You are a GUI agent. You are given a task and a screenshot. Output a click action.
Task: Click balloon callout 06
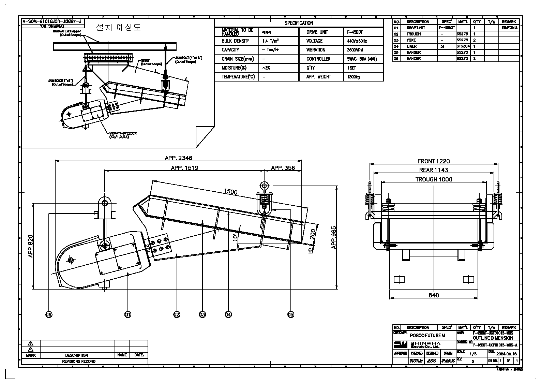point(49,314)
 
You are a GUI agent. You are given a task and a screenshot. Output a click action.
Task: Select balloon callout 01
point(127,314)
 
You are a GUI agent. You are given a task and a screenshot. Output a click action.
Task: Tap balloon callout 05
point(291,314)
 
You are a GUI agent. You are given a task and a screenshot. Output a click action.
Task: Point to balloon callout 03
point(202,314)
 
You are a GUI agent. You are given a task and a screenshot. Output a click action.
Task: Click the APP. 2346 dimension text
point(179,158)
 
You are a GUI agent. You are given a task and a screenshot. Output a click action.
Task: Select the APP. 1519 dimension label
point(184,167)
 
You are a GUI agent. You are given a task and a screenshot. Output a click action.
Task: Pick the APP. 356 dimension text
point(283,167)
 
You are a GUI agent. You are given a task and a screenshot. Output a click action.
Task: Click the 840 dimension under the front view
point(434,295)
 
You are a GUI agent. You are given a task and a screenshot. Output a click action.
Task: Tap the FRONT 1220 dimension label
point(434,161)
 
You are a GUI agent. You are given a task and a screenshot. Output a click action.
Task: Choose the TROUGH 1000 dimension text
point(434,179)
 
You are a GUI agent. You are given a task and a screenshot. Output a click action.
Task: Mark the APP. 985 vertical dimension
point(334,237)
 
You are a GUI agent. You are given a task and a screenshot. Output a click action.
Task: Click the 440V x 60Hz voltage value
point(357,41)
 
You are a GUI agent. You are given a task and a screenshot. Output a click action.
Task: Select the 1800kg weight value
point(353,77)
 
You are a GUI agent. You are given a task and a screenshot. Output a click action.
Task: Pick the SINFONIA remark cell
point(510,28)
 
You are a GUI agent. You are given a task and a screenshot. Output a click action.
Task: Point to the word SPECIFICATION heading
point(299,23)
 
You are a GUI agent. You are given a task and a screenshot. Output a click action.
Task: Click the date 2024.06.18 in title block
point(507,354)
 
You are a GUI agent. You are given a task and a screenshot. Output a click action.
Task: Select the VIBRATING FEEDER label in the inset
point(123,133)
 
